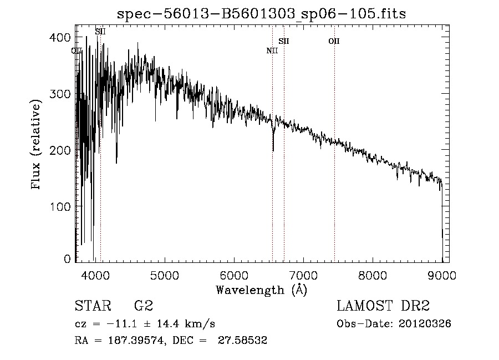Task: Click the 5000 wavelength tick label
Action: click(164, 273)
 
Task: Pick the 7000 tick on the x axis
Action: click(303, 273)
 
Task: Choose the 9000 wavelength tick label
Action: click(442, 273)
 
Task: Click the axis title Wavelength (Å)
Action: click(261, 290)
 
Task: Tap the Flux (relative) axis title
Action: click(37, 145)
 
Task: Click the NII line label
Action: click(272, 51)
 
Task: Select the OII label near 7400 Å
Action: click(334, 41)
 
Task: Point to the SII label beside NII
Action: click(284, 41)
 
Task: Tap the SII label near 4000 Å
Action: click(100, 32)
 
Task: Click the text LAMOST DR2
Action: click(383, 306)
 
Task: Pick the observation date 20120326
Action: click(427, 324)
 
